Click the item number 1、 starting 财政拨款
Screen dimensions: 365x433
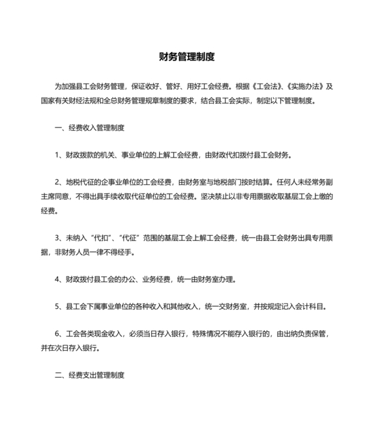tap(59, 155)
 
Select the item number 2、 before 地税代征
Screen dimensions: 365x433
tap(59, 183)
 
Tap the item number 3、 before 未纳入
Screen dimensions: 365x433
tap(59, 239)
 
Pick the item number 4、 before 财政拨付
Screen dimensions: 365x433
tap(59, 279)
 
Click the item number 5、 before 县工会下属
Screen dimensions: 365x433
tap(59, 307)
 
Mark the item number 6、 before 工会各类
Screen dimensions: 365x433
tap(59, 335)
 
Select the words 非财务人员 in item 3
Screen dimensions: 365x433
tap(68, 253)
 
